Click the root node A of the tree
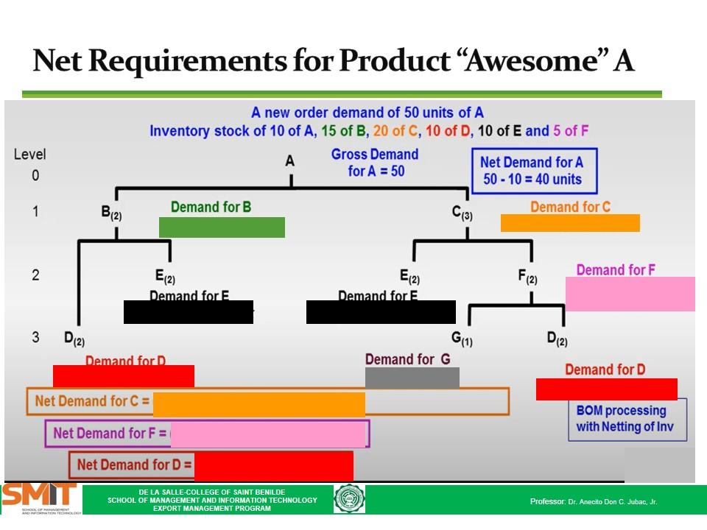pos(289,161)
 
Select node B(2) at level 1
pos(111,213)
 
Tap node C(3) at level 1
pos(462,213)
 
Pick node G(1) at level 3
pos(462,339)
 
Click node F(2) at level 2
pos(527,277)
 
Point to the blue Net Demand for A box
pos(533,171)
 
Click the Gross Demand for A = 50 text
pos(375,163)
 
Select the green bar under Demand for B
pos(222,227)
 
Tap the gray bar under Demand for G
pos(412,378)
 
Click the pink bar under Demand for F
pos(630,294)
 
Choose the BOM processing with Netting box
pos(627,420)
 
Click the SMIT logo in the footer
pos(40,498)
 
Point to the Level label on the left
pos(29,155)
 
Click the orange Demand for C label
pos(570,207)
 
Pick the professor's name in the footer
pos(613,501)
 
